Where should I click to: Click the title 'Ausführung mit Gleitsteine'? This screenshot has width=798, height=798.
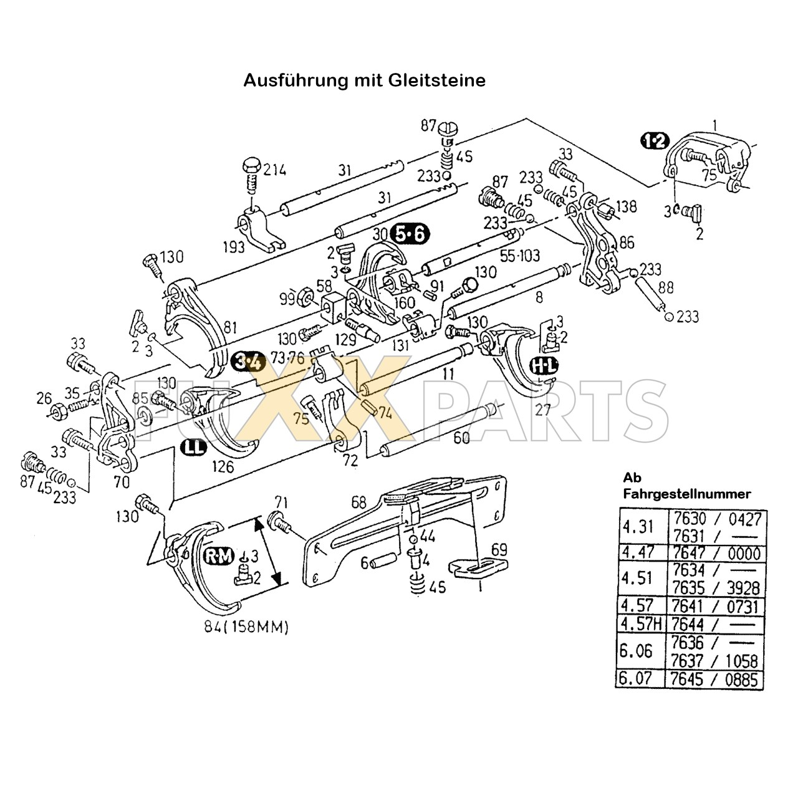(x=364, y=80)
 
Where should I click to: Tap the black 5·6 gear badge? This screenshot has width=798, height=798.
(x=410, y=234)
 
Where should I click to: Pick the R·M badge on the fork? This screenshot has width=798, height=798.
(x=219, y=556)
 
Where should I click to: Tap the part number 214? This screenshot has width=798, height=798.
(x=276, y=169)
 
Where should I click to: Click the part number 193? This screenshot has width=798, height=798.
(x=234, y=247)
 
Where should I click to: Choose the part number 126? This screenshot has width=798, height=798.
(x=223, y=466)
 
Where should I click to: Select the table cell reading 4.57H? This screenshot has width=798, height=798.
(x=642, y=623)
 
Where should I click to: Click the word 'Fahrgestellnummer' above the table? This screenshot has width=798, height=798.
(x=687, y=494)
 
